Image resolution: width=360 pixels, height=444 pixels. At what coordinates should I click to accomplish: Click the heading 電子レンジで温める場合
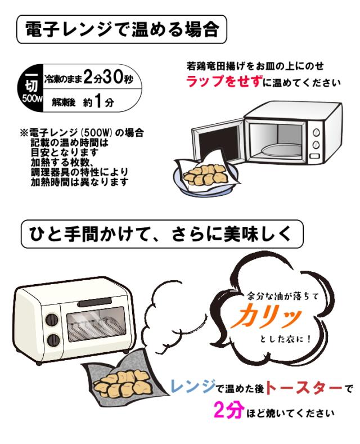[122, 29]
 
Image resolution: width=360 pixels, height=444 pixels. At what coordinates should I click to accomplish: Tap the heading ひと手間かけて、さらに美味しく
[160, 234]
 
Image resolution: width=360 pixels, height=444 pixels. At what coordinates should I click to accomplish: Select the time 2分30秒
[108, 77]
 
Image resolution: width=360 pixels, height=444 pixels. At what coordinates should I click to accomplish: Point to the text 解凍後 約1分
[83, 101]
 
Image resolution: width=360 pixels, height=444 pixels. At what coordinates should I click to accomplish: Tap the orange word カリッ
[266, 316]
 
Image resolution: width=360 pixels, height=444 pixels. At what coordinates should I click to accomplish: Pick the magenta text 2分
[228, 411]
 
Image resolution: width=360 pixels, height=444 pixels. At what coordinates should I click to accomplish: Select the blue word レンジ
[193, 387]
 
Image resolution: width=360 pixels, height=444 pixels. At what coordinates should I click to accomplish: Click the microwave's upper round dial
[316, 132]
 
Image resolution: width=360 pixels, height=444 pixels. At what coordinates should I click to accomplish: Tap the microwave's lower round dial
[316, 145]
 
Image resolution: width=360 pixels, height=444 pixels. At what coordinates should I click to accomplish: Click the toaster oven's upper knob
[52, 320]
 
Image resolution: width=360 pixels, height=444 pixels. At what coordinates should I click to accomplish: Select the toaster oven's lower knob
[53, 339]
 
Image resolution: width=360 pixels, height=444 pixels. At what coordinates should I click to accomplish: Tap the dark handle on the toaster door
[101, 303]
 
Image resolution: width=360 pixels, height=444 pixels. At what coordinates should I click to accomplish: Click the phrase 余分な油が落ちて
[283, 296]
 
